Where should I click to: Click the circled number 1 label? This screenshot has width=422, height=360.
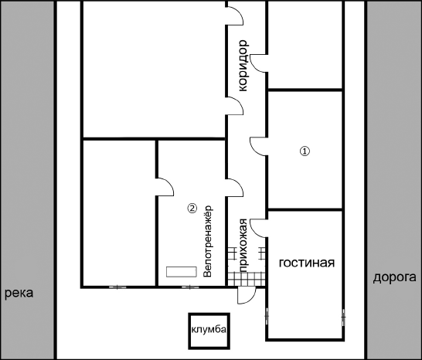click(305, 151)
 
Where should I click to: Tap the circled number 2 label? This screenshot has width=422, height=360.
click(192, 208)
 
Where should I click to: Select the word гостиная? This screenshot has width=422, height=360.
click(307, 263)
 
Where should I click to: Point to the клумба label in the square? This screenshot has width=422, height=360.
click(209, 329)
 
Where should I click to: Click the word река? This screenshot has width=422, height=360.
click(19, 293)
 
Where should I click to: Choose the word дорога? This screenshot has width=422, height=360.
click(394, 277)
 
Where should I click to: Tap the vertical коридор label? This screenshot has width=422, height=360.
click(243, 66)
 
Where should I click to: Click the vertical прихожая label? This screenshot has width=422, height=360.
click(243, 246)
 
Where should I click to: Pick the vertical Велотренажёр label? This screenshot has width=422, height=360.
click(208, 241)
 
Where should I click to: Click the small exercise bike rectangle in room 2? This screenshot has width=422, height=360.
click(182, 272)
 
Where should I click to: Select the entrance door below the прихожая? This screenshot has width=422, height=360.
click(247, 295)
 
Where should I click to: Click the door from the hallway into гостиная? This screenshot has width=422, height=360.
click(258, 228)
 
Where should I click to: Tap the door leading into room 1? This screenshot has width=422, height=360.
click(258, 146)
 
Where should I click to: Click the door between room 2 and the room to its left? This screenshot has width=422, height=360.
click(165, 187)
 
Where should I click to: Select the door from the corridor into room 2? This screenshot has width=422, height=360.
click(235, 188)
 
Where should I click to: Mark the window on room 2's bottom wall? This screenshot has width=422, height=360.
click(190, 287)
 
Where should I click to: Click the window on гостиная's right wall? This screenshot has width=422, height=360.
click(344, 318)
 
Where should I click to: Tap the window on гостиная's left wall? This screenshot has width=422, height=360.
click(267, 316)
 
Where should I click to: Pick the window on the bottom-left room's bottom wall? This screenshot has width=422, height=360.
click(117, 287)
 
